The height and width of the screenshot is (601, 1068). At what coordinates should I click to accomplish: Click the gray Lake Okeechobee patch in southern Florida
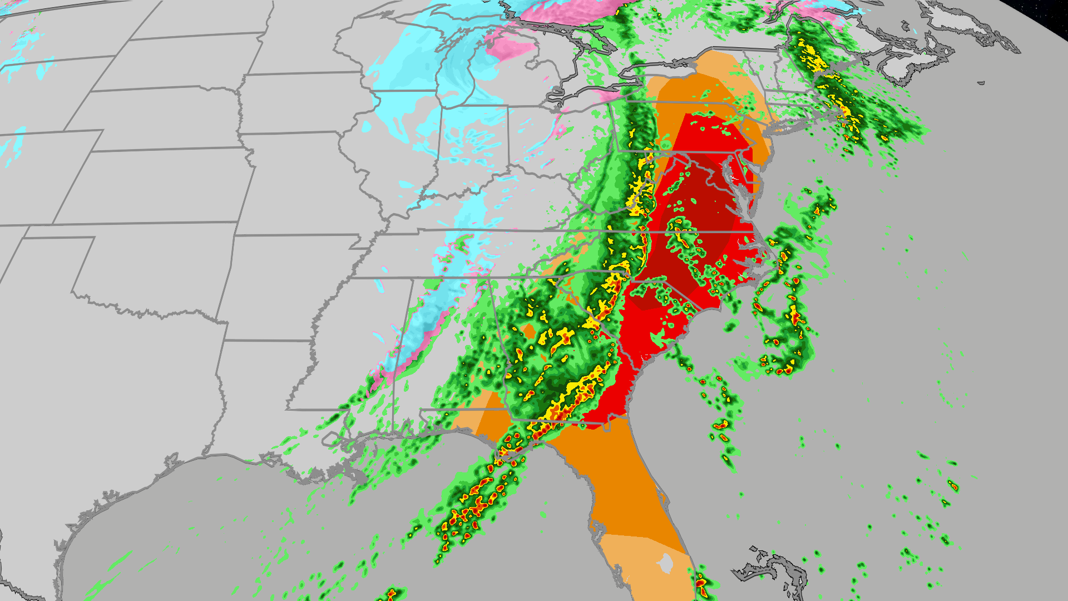665,564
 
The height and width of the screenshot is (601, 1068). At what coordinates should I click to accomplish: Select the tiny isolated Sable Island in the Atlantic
981,83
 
